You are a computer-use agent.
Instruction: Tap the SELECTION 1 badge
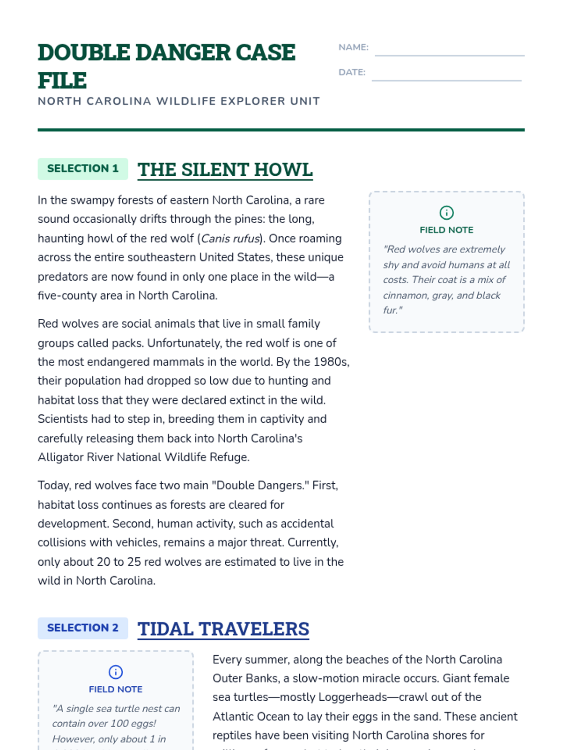(x=83, y=169)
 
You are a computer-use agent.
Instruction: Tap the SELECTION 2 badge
(x=83, y=628)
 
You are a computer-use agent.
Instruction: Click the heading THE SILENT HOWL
(x=225, y=170)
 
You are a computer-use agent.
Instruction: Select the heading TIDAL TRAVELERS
(x=223, y=629)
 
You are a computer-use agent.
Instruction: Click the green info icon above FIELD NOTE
(x=446, y=213)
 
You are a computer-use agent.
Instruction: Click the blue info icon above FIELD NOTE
(x=116, y=672)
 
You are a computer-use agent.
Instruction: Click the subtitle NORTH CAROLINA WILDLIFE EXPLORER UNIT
(x=179, y=101)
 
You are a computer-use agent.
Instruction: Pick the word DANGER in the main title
(x=183, y=52)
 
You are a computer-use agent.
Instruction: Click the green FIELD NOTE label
(x=446, y=230)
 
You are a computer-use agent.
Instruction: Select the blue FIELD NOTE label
(x=116, y=690)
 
